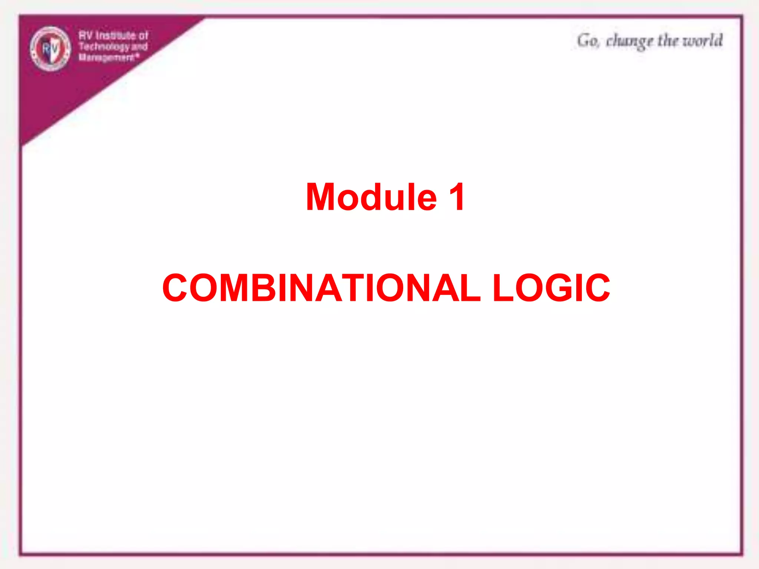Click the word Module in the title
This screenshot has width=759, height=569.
371,197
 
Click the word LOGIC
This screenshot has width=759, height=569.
551,288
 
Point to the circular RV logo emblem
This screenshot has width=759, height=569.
50,49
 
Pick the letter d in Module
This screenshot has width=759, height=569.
375,197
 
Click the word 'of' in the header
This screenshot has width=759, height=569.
143,36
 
